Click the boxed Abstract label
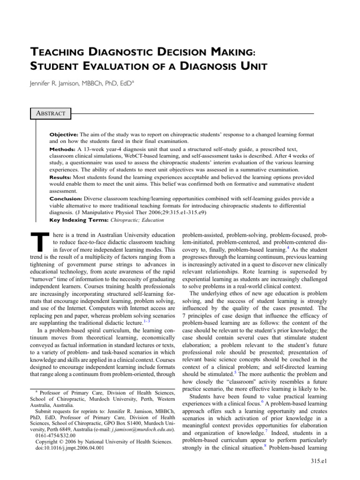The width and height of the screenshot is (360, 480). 50,113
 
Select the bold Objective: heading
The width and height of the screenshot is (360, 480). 65,135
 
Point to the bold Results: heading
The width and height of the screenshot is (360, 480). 62,178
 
